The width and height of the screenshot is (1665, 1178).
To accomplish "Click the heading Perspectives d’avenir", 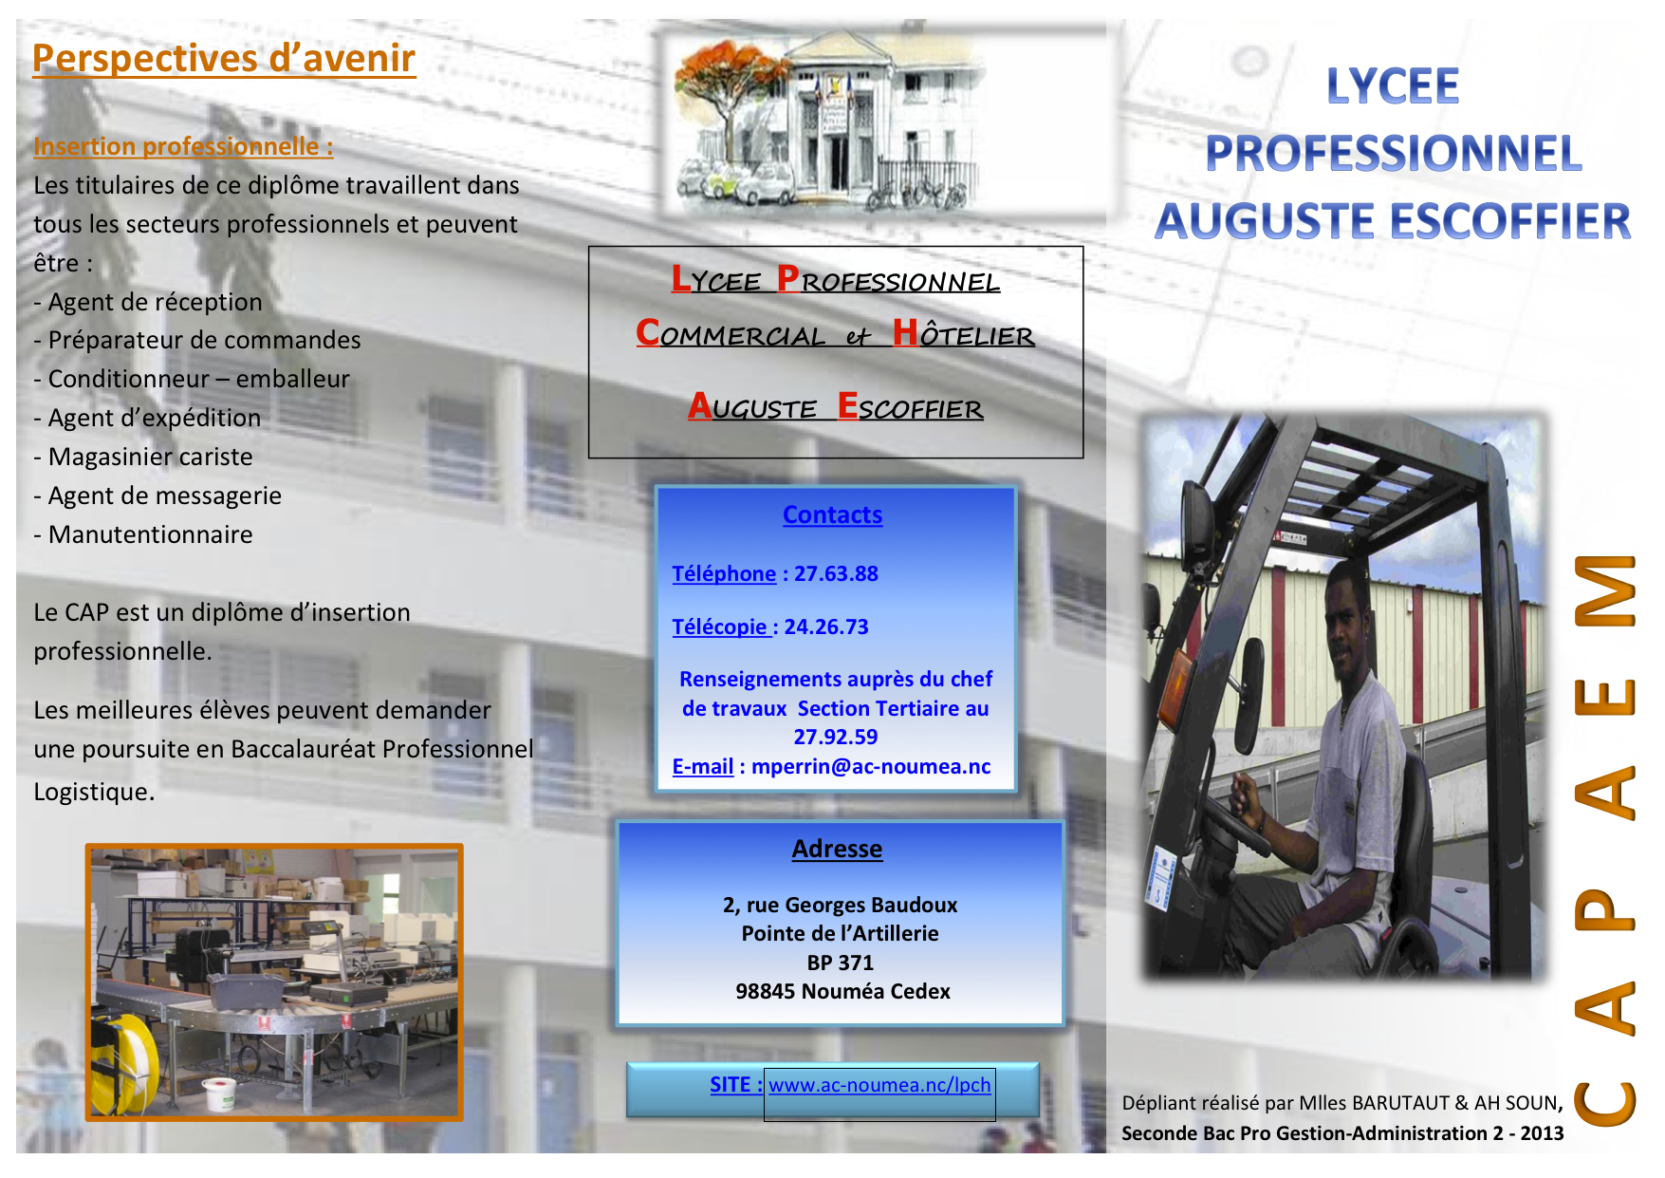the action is pyautogui.click(x=224, y=58).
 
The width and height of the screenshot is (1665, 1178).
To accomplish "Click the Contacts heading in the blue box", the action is pyautogui.click(x=832, y=514).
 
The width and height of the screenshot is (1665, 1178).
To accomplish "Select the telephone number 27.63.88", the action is pyautogui.click(x=836, y=573).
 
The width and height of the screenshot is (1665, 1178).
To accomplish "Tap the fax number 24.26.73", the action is pyautogui.click(x=826, y=626).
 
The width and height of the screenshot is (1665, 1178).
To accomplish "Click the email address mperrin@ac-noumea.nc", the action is pyautogui.click(x=871, y=766).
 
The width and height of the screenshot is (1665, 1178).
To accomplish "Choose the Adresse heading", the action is pyautogui.click(x=837, y=849).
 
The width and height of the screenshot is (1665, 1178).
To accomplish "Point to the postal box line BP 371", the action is pyautogui.click(x=840, y=963).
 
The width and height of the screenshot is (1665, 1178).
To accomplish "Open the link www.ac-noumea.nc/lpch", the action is pyautogui.click(x=879, y=1085).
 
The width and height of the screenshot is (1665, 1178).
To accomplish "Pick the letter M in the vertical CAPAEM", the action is pyautogui.click(x=1605, y=590).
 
